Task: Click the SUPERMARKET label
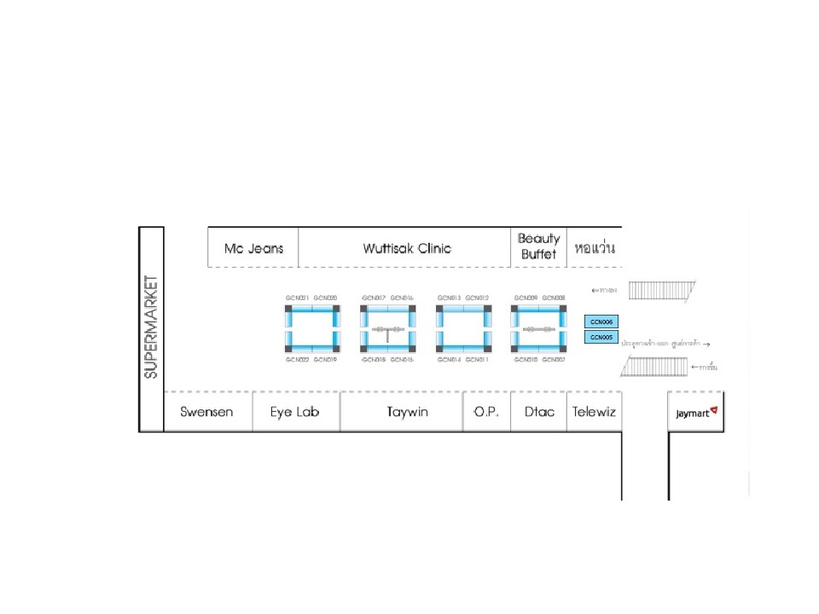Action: pos(151,327)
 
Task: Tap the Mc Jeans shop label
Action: pos(253,248)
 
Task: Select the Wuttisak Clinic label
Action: pos(407,248)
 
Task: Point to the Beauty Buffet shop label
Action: pos(539,246)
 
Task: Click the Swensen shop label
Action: pos(206,412)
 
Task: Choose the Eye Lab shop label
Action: pos(294,412)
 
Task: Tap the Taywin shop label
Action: pos(402,412)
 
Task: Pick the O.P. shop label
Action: pos(486,412)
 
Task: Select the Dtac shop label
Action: pos(538,412)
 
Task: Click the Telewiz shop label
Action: pos(594,412)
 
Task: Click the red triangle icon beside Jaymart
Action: pos(714,411)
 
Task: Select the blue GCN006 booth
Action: pos(602,321)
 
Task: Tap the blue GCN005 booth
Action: pos(602,337)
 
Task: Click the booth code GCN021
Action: pos(297,298)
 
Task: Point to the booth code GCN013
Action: pos(449,298)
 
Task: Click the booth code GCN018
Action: pos(374,360)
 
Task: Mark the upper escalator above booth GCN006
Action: pos(660,291)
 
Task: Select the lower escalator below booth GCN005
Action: pos(655,367)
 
